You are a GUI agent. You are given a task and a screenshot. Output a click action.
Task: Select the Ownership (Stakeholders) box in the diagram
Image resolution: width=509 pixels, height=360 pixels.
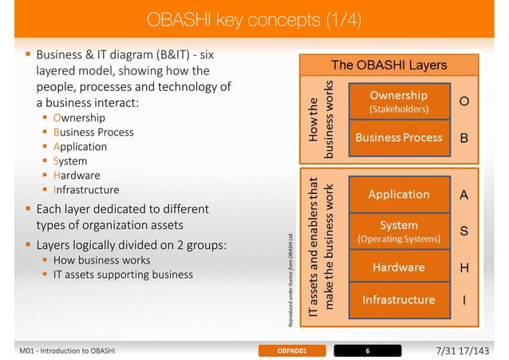[398, 101]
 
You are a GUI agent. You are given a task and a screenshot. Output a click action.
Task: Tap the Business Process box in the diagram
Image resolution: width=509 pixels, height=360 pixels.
[398, 137]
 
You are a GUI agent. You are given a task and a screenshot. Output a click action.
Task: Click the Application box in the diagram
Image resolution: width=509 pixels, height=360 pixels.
[398, 194]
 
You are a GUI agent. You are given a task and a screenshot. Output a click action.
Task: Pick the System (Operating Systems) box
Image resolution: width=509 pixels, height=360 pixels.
[398, 231]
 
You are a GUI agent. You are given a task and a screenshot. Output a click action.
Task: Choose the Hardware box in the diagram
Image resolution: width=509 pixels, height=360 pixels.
[398, 267]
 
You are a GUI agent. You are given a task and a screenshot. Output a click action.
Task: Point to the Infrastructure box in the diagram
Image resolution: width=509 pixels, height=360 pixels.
[398, 300]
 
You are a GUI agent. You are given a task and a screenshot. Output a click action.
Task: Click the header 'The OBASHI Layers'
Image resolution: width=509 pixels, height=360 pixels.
[389, 64]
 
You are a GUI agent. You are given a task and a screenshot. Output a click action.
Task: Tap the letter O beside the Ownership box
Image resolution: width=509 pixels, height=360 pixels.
[464, 101]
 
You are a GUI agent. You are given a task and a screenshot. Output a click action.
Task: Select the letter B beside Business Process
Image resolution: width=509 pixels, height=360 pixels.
[464, 138]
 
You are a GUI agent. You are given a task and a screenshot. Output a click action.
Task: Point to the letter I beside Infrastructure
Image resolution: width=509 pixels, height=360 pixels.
[464, 301]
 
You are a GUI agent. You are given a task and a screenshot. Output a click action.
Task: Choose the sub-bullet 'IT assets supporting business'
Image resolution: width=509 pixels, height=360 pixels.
[123, 275]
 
